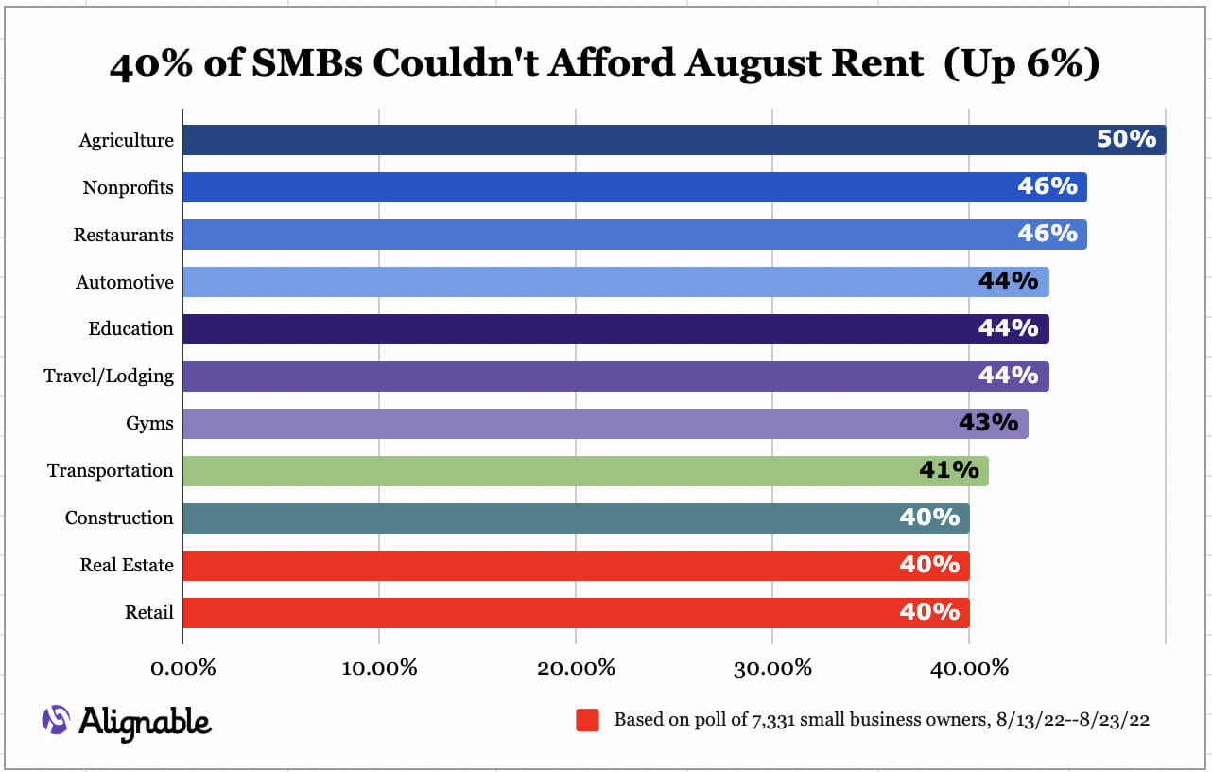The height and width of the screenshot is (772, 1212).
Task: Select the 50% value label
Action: point(1126,139)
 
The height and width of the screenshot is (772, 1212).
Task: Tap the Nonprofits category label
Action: point(128,187)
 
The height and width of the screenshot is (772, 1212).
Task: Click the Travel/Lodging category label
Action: point(109,376)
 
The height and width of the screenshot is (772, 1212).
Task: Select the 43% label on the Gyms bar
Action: point(988,422)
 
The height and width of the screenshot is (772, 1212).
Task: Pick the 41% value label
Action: point(948,469)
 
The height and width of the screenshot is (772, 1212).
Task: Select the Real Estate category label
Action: point(127,565)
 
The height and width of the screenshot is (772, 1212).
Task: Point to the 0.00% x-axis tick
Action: point(183,667)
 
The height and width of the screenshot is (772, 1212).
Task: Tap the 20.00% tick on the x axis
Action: point(577,667)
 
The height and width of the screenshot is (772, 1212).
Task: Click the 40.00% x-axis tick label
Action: point(970,667)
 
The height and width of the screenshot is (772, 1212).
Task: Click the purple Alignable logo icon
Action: point(56,720)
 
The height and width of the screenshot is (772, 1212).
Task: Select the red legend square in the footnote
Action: point(588,720)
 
